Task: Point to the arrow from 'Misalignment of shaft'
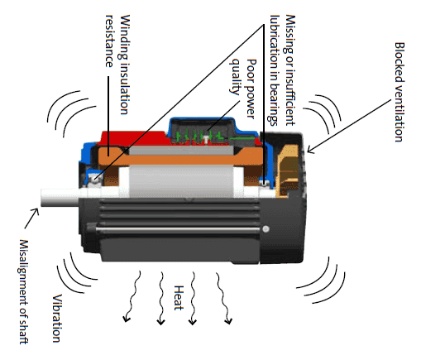[x=33, y=218]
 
